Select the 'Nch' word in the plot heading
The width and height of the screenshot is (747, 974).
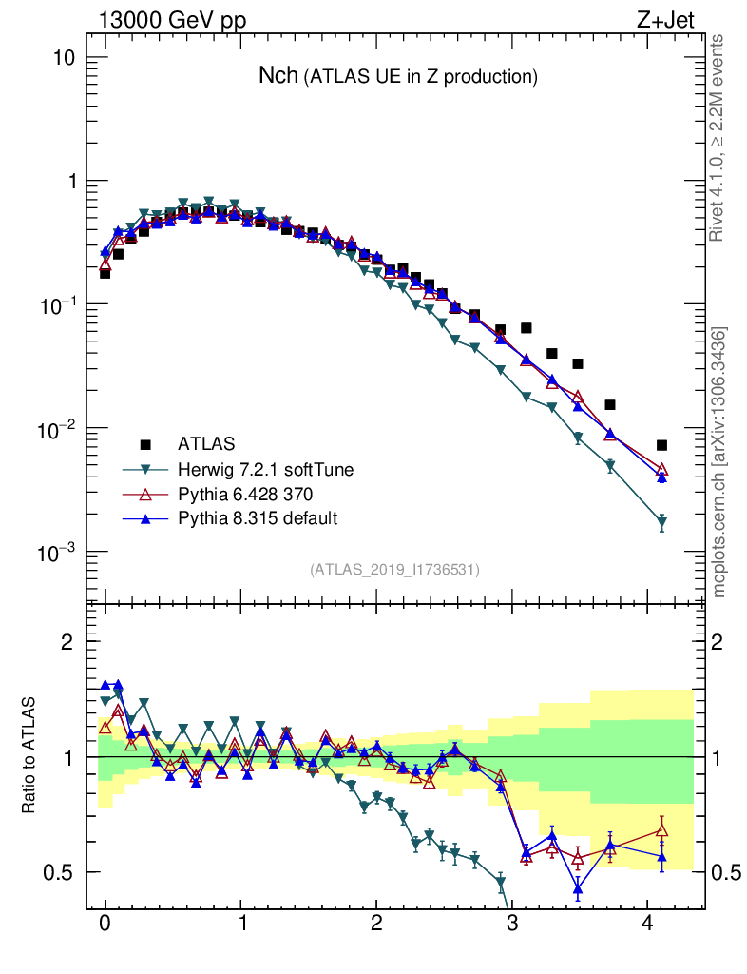coord(278,76)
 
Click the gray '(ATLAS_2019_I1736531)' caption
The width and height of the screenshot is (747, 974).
coord(394,570)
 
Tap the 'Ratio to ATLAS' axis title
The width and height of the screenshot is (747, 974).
coord(29,757)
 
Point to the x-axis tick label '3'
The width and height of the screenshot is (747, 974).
coord(512,923)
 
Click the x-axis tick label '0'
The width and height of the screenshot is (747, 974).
coord(105,923)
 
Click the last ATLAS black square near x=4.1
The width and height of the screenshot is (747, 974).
coord(661,445)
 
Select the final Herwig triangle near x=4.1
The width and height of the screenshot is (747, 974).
coord(661,523)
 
